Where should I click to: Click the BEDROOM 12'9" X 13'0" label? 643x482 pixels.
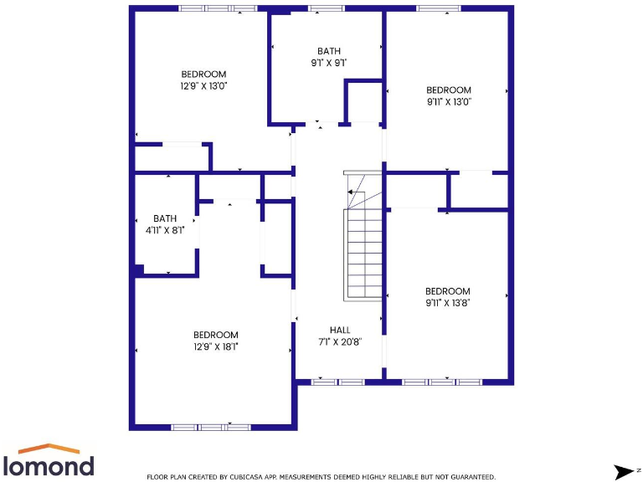click(203, 79)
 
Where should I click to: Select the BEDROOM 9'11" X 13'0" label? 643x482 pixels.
click(449, 95)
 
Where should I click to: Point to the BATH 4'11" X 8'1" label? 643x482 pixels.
click(165, 223)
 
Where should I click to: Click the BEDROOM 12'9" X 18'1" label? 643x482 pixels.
click(215, 341)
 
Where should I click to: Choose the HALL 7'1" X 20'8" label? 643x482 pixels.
click(340, 336)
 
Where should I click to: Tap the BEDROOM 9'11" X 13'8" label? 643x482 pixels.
click(447, 297)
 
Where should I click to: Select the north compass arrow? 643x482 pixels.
click(625, 471)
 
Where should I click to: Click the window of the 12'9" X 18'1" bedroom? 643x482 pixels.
click(210, 427)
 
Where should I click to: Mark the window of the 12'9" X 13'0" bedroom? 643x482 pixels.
click(218, 8)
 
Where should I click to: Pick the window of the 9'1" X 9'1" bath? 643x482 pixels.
click(326, 8)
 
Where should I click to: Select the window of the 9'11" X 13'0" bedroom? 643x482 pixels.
click(438, 8)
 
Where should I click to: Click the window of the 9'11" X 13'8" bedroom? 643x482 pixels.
click(442, 382)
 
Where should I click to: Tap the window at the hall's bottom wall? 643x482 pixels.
click(338, 382)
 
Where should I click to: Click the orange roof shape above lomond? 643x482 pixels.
click(49, 449)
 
